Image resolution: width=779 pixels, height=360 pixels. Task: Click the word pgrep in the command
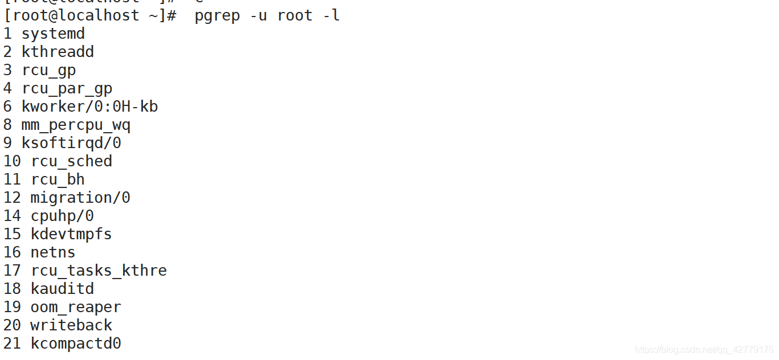pyautogui.click(x=217, y=15)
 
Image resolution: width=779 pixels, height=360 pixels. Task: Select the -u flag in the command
pyautogui.click(x=259, y=15)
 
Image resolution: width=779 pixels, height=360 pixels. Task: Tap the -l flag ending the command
pyautogui.click(x=331, y=15)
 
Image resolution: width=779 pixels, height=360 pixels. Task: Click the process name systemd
pyautogui.click(x=53, y=34)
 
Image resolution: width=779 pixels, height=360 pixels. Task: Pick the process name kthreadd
pyautogui.click(x=58, y=52)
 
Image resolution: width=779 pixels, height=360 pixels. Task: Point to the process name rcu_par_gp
pyautogui.click(x=67, y=88)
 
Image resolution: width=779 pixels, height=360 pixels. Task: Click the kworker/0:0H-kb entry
pyautogui.click(x=89, y=107)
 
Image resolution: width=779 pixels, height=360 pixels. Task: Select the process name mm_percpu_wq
pyautogui.click(x=76, y=125)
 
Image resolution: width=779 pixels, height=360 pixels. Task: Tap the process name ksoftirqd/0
pyautogui.click(x=71, y=143)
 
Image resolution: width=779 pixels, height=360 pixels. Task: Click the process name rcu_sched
pyautogui.click(x=71, y=161)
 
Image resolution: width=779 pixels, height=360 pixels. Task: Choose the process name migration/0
pyautogui.click(x=80, y=198)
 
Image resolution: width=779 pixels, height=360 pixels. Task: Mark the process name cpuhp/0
pyautogui.click(x=62, y=216)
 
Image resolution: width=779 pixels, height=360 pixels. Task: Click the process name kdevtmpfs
pyautogui.click(x=71, y=234)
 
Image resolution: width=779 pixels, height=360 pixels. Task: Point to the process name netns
pyautogui.click(x=53, y=252)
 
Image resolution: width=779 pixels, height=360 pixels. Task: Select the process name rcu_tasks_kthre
pyautogui.click(x=99, y=271)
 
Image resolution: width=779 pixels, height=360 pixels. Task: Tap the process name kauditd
pyautogui.click(x=62, y=289)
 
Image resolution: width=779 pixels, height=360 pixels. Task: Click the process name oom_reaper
pyautogui.click(x=76, y=307)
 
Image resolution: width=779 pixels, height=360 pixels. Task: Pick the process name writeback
pyautogui.click(x=71, y=325)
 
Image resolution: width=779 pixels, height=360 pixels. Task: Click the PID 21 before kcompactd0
pyautogui.click(x=12, y=343)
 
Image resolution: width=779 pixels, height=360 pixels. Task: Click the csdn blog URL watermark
pyautogui.click(x=704, y=349)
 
